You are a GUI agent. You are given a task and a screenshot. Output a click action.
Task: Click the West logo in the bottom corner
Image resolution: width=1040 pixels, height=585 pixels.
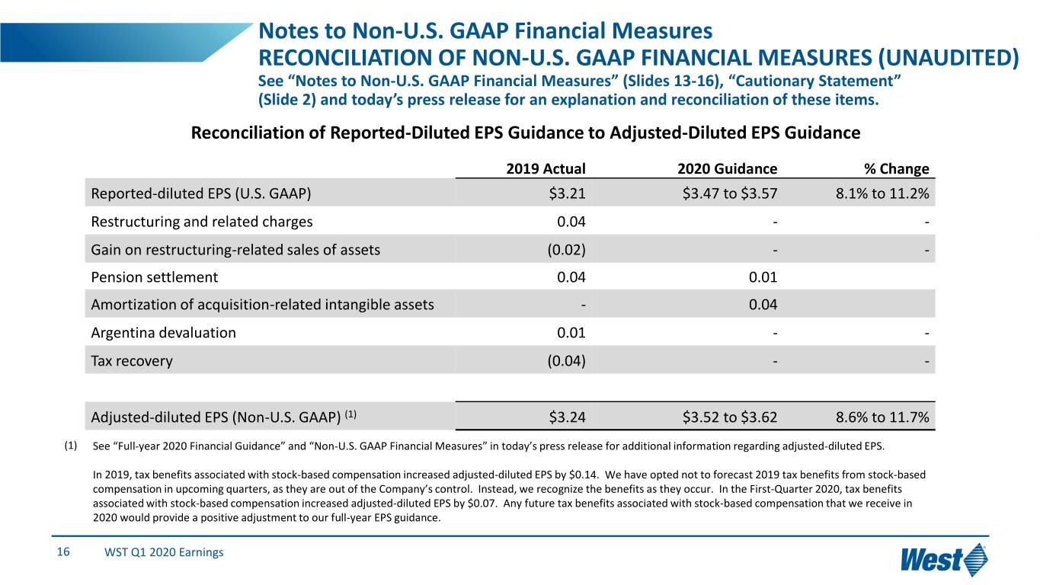(x=944, y=560)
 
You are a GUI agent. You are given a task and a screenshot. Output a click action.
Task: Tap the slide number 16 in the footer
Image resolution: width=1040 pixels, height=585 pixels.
(x=63, y=551)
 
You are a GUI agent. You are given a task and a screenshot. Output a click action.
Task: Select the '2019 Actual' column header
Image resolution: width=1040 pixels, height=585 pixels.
(x=546, y=168)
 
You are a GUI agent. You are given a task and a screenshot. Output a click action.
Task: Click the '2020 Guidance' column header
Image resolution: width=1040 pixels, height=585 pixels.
(x=727, y=168)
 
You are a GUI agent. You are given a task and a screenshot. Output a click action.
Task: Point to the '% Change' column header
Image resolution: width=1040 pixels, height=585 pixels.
(x=897, y=168)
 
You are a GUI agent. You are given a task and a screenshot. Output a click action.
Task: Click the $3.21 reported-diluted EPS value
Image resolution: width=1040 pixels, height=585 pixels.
(x=567, y=193)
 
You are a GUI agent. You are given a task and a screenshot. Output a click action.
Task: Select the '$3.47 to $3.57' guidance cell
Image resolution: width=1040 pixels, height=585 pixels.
(x=729, y=193)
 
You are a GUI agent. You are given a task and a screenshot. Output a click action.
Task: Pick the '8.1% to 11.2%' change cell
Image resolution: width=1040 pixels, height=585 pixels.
(x=882, y=193)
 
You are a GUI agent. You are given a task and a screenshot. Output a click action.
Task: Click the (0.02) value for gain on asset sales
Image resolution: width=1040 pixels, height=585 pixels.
(x=566, y=250)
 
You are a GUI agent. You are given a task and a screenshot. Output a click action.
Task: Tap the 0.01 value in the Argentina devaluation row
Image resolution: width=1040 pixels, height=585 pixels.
(x=571, y=332)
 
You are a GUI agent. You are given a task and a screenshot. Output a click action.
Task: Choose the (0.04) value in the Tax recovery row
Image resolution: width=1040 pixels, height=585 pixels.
(x=566, y=361)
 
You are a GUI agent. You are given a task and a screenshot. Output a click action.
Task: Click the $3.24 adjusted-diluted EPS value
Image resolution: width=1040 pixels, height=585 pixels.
(x=567, y=417)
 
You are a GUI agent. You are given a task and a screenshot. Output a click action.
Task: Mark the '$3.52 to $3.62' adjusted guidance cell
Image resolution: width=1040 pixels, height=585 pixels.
(x=729, y=417)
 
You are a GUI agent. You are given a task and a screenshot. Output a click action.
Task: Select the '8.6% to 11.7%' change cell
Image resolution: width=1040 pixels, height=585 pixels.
(x=882, y=417)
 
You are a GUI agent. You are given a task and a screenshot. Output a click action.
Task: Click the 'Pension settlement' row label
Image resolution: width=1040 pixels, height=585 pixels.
(x=154, y=277)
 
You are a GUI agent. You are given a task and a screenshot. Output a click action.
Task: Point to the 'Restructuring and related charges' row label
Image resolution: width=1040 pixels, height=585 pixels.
(x=201, y=222)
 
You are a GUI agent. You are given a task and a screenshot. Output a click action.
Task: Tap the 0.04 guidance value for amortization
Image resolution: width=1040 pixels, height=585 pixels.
(x=763, y=305)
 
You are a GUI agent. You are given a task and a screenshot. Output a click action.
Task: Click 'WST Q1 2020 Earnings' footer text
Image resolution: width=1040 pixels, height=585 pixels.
(x=164, y=552)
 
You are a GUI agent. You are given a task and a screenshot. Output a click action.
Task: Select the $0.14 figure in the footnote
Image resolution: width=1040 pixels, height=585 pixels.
(x=584, y=475)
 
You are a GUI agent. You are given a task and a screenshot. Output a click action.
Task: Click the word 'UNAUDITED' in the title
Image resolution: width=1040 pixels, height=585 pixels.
(x=948, y=58)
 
